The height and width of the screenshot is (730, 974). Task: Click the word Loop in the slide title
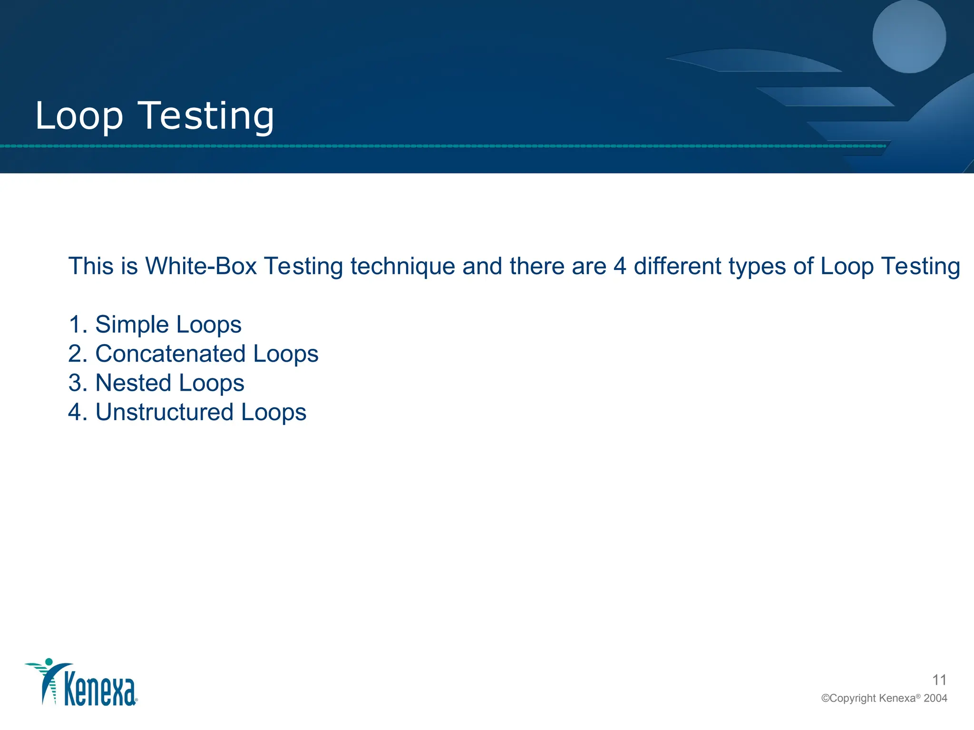(x=79, y=116)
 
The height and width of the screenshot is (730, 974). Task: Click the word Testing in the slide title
(x=206, y=116)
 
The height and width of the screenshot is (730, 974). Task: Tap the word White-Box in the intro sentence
(x=201, y=266)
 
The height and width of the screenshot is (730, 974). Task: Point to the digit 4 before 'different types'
(x=620, y=266)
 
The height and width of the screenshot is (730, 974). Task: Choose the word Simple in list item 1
(x=132, y=325)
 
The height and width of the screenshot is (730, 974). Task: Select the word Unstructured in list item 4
(x=165, y=412)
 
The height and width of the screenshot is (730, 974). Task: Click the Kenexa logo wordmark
(x=100, y=690)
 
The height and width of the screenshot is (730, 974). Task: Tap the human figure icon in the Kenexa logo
(x=49, y=680)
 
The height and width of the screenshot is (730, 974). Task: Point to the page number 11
(x=939, y=680)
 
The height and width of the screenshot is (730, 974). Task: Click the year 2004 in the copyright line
(x=935, y=698)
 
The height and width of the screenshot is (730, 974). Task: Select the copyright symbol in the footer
(x=825, y=699)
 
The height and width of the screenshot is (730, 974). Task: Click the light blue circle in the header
(x=909, y=37)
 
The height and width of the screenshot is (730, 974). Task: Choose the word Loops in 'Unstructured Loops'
(x=273, y=413)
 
